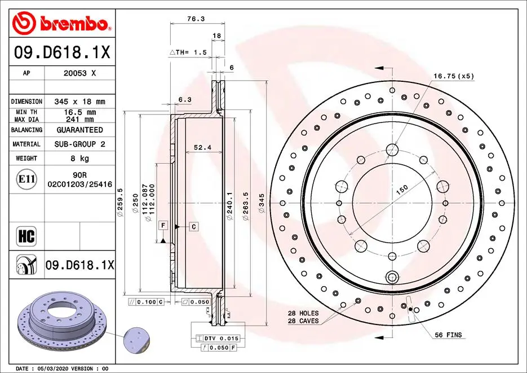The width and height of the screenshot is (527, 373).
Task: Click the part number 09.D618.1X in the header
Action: point(61,54)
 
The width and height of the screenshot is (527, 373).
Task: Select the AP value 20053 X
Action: point(79,73)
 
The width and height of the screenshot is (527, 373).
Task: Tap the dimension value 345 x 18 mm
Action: point(79,102)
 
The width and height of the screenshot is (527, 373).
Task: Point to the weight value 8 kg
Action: point(79,159)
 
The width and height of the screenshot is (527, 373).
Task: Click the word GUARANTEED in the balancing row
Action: point(79,130)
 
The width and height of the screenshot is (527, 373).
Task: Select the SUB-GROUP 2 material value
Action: point(79,144)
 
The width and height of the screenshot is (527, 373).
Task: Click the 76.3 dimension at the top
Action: point(195,19)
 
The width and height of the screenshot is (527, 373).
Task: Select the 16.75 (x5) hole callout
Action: point(453,76)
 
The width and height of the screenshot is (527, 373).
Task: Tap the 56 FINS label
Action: point(448,335)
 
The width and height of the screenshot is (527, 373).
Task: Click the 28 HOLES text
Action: point(303,313)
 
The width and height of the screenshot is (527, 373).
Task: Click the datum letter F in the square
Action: point(163,226)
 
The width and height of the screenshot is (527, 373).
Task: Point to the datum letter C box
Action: point(193,226)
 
